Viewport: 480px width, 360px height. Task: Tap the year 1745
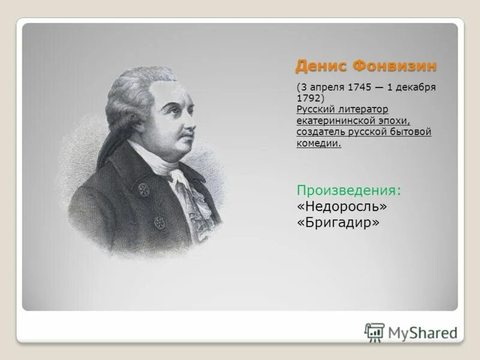click(x=358, y=87)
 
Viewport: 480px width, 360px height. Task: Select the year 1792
click(x=308, y=98)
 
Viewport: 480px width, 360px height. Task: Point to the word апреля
click(x=325, y=87)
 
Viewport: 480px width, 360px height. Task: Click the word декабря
click(x=416, y=87)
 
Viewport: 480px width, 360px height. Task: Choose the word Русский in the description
click(x=316, y=109)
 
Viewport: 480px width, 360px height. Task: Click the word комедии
click(x=318, y=143)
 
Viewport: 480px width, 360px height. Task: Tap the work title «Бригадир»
click(x=338, y=222)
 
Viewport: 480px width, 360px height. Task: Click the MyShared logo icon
click(x=374, y=332)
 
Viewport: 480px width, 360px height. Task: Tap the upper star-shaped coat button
click(x=143, y=190)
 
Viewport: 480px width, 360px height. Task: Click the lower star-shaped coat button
click(x=160, y=221)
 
